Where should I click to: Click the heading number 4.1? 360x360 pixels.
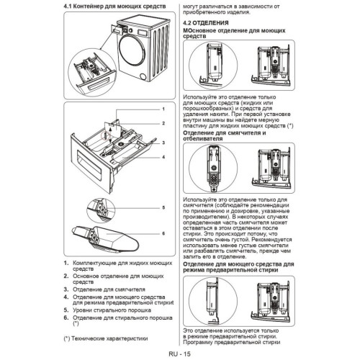pos(67,6)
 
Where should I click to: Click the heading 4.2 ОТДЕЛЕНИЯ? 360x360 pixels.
pos(206,23)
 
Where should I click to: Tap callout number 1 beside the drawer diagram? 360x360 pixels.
pos(163,109)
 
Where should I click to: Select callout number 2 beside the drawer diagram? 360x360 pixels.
pos(163,123)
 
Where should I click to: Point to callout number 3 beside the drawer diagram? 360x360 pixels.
pos(163,143)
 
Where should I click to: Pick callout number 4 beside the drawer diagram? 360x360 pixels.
pos(163,157)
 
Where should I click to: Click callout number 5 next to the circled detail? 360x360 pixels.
pos(163,207)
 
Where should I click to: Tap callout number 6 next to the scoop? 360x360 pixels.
pos(163,233)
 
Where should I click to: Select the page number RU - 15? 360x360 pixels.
pos(179,354)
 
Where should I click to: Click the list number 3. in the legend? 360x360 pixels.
pos(66,289)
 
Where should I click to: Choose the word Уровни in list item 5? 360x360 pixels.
pos(82,310)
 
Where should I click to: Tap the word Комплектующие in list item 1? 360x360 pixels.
pos(94,264)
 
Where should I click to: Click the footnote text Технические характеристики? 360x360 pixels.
pos(109,338)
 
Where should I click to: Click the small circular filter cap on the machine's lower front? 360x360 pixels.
pos(143,77)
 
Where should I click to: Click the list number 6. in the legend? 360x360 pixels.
pos(66,318)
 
